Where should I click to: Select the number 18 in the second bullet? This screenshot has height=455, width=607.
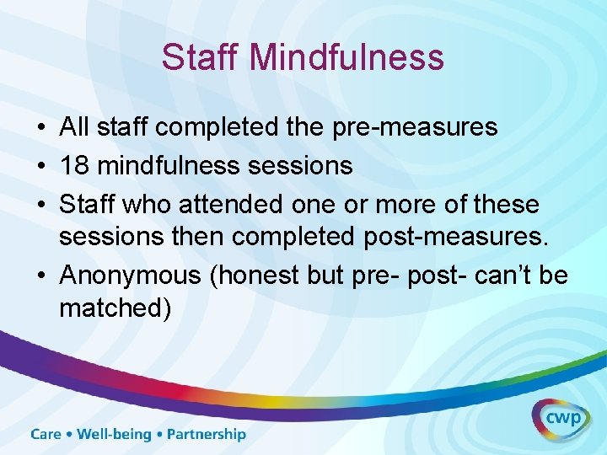pos(74,165)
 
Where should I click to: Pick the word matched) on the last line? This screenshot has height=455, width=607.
pos(115,308)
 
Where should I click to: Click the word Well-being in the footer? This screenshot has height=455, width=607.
pos(113,435)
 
